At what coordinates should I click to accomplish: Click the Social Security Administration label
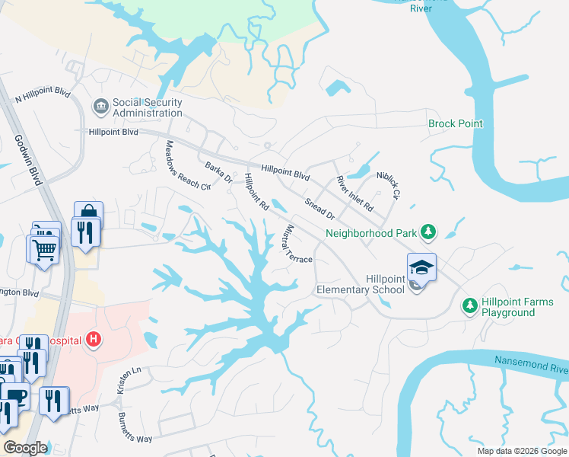coord(147,108)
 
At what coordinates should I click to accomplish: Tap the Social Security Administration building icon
coord(100,105)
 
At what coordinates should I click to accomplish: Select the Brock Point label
coord(456,123)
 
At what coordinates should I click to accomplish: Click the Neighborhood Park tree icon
coord(428,231)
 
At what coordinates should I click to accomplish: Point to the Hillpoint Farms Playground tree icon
coord(469,305)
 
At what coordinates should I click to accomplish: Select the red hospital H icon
coord(93,339)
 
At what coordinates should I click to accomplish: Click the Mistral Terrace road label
coord(297,244)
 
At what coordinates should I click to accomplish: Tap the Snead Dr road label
coord(319,208)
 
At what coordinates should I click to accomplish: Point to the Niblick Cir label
coord(388,184)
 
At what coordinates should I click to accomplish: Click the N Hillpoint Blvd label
coord(43,97)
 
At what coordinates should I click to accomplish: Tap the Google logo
coord(25,448)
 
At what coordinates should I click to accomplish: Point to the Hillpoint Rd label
coord(256,191)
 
